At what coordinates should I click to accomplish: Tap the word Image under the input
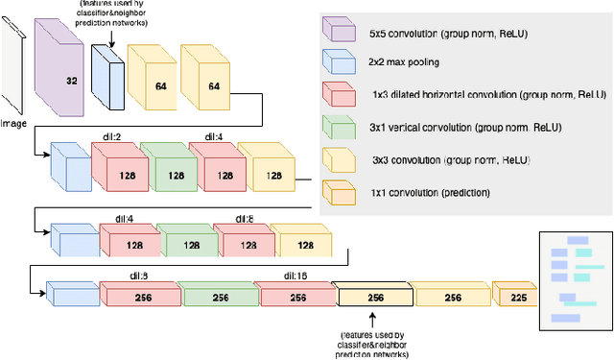13,123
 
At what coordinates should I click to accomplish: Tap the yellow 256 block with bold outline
375,298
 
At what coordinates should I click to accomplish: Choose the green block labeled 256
220,298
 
